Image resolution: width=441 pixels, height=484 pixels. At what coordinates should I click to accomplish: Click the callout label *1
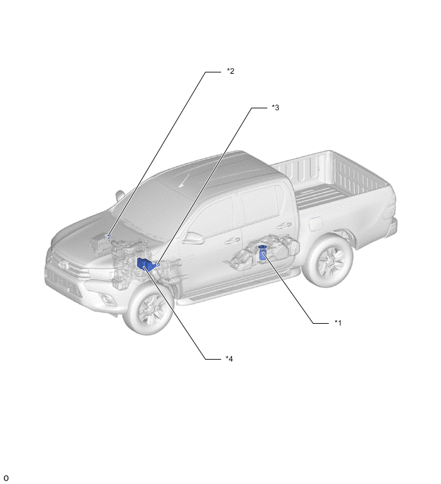point(338,323)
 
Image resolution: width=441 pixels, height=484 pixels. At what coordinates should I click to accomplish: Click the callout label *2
point(231,71)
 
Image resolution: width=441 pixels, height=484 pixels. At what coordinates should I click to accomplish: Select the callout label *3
point(275,108)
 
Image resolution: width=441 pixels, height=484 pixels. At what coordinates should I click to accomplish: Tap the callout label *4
point(229,359)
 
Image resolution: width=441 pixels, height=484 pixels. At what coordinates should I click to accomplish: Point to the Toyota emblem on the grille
point(63,265)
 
